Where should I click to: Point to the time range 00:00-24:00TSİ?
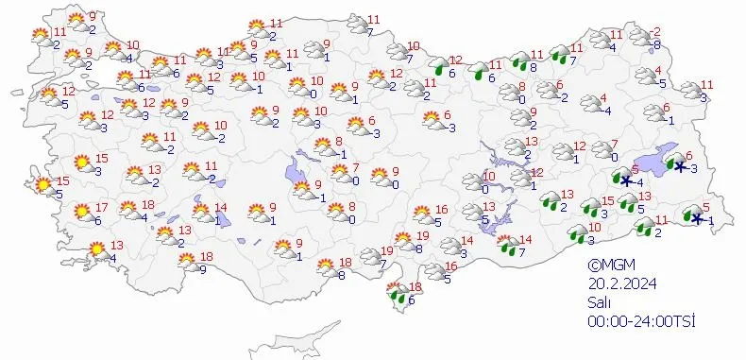[x=640, y=321]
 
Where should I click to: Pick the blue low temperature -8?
[x=656, y=43]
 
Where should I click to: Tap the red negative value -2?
[x=656, y=31]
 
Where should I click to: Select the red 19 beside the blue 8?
[x=424, y=236]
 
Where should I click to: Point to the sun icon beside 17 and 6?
[x=81, y=211]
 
